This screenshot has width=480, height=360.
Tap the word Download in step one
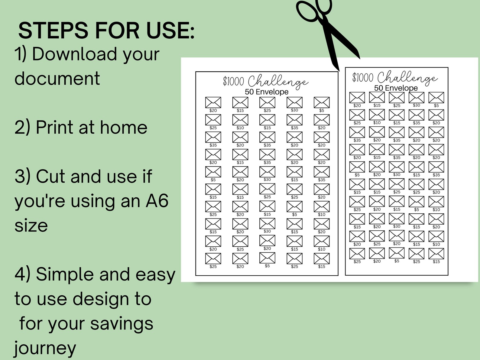tap(75, 54)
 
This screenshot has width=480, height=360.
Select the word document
tap(57, 79)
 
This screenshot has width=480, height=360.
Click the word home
tap(124, 127)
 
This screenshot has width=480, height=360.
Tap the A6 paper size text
tap(157, 201)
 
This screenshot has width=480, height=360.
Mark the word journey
tap(45, 348)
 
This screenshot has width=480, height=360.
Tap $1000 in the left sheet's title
tap(233, 81)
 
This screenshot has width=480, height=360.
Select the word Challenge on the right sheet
tap(407, 78)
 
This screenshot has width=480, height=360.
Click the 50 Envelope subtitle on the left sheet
tap(267, 92)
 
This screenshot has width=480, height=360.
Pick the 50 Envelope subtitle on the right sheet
tap(396, 88)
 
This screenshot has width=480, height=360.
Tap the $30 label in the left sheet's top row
tap(294, 110)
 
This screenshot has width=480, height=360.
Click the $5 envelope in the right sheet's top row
tap(436, 98)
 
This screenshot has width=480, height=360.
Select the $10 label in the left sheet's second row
tap(240, 128)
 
